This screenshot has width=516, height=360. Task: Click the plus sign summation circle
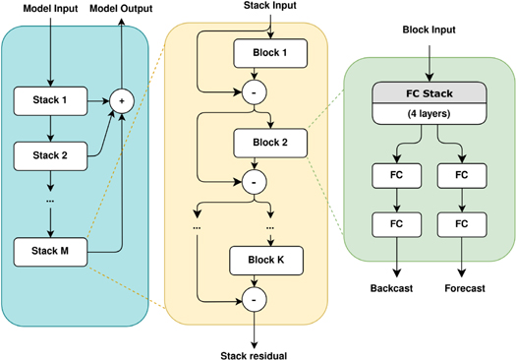point(122,99)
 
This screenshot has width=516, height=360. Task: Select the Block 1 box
point(270,51)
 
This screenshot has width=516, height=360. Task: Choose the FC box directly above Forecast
point(462,223)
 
